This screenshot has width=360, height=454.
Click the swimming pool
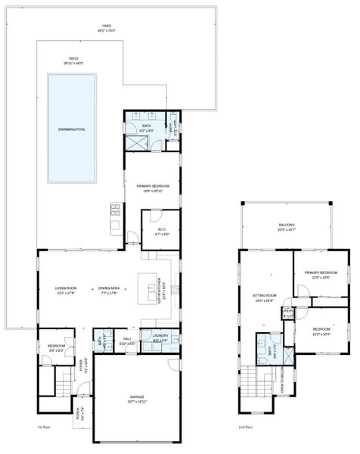point(72,129)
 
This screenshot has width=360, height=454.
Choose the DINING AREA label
point(109,288)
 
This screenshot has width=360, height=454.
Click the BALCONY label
point(286,225)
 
